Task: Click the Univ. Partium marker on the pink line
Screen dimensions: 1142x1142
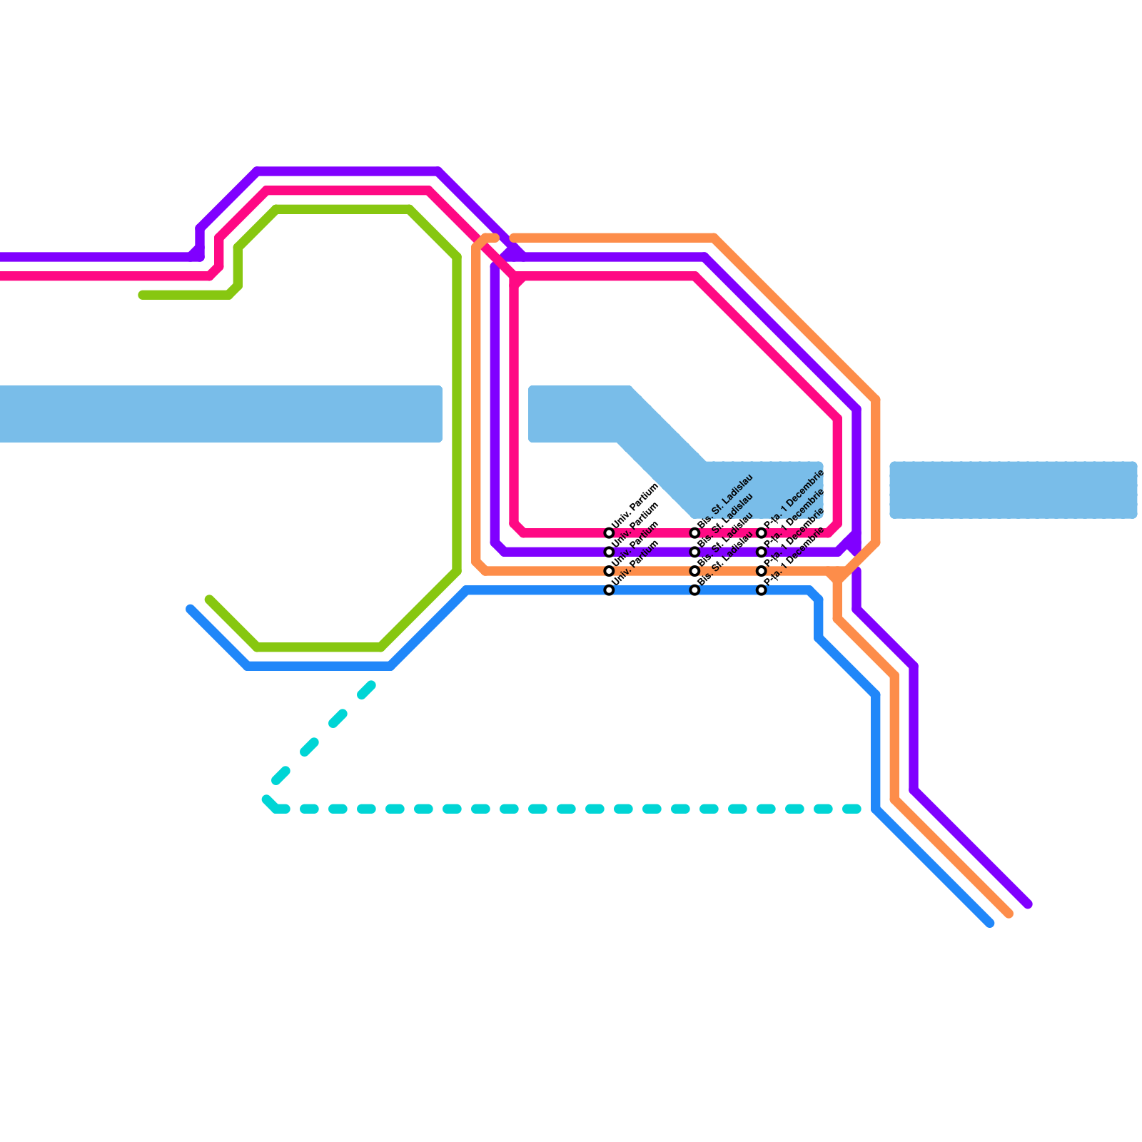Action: click(x=609, y=533)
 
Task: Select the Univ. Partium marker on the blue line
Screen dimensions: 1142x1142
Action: click(x=609, y=590)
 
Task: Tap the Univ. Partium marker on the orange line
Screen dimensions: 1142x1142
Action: click(x=609, y=571)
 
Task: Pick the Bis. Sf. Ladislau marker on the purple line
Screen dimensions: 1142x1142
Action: click(x=694, y=552)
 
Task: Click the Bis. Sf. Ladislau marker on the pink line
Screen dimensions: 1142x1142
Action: click(x=694, y=533)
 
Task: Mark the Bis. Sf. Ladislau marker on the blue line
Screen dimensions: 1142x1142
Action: click(x=694, y=590)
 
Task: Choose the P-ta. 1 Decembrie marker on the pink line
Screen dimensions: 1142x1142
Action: click(x=762, y=533)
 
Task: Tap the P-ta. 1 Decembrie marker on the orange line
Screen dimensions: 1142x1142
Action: click(x=762, y=571)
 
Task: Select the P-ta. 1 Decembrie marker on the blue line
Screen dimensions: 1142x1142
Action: click(x=762, y=590)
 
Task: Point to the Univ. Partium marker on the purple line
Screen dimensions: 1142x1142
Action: click(x=609, y=552)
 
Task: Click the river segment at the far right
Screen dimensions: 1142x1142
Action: click(x=1014, y=490)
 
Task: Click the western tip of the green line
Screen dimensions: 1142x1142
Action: click(x=143, y=295)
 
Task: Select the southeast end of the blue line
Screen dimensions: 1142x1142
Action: click(x=990, y=924)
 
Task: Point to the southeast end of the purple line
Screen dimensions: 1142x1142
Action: click(x=1029, y=905)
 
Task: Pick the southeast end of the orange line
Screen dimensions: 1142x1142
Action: click(x=1009, y=914)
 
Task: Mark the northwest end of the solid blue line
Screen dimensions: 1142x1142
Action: click(x=191, y=609)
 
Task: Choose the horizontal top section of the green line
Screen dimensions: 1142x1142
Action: click(x=343, y=209)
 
